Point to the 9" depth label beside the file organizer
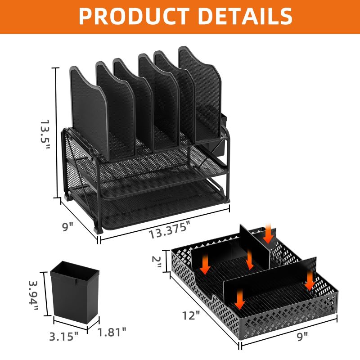(68, 227)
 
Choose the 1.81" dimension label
(112, 332)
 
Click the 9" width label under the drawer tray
(304, 335)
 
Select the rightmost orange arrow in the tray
(309, 280)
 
